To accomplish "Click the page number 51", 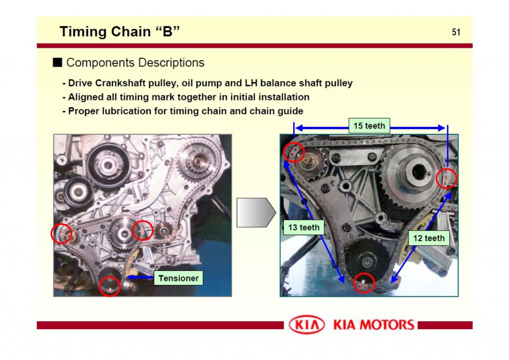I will pyautogui.click(x=456, y=32).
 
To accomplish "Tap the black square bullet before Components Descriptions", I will pyautogui.click(x=58, y=63).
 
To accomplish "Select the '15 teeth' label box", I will pyautogui.click(x=369, y=126).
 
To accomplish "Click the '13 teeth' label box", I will pyautogui.click(x=304, y=228).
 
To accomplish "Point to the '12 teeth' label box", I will pyautogui.click(x=428, y=238).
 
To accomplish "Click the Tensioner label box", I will pyautogui.click(x=178, y=278).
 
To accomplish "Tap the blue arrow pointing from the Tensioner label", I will pyautogui.click(x=140, y=275).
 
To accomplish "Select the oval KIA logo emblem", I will pyautogui.click(x=307, y=325).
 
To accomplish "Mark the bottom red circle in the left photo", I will pyautogui.click(x=110, y=286).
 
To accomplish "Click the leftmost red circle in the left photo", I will pyautogui.click(x=62, y=233).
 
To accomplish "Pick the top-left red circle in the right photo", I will pyautogui.click(x=294, y=152).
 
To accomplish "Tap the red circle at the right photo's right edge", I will pyautogui.click(x=446, y=179).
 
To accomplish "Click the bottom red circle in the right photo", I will pyautogui.click(x=364, y=283).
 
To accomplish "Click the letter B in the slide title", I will pyautogui.click(x=168, y=32).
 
